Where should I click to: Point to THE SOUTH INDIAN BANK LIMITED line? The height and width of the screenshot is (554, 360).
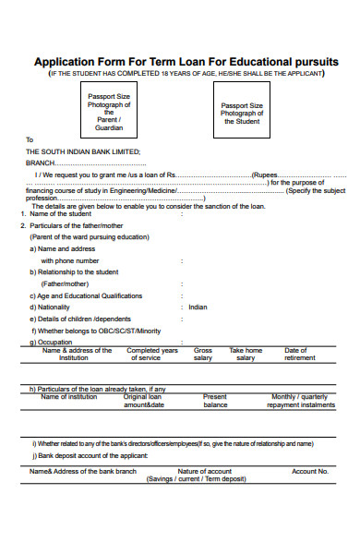point(83,151)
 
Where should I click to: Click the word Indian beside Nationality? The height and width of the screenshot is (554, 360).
point(198,307)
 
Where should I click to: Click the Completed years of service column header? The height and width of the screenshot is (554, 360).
point(152,354)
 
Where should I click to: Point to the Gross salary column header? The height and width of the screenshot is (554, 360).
point(203,354)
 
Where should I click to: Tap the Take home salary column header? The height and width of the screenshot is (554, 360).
point(246,354)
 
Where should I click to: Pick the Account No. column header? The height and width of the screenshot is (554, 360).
point(309,471)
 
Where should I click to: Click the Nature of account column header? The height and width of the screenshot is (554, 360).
point(204,471)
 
